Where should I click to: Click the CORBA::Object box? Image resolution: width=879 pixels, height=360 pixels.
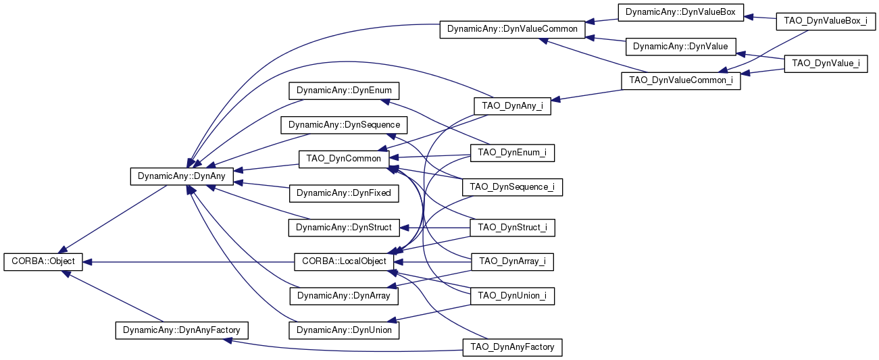pyautogui.click(x=43, y=261)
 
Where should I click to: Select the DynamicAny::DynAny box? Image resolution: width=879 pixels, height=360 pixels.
pyautogui.click(x=182, y=176)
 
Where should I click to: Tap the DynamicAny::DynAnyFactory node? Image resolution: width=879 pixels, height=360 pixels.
pyautogui.click(x=182, y=330)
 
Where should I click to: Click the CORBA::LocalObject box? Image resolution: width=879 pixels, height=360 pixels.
pyautogui.click(x=344, y=261)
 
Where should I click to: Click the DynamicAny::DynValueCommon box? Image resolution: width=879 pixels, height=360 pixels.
pyautogui.click(x=512, y=30)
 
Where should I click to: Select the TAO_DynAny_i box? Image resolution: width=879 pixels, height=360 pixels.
pyautogui.click(x=512, y=106)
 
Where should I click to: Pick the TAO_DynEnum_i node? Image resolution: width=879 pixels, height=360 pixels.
pyautogui.click(x=512, y=153)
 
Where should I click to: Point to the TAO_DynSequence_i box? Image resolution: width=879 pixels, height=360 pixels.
pyautogui.click(x=512, y=187)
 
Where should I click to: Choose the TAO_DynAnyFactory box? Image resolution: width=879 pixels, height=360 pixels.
pyautogui.click(x=512, y=347)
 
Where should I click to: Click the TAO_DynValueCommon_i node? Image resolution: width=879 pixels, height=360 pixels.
pyautogui.click(x=681, y=80)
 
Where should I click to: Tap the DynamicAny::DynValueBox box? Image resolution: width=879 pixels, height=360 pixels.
pyautogui.click(x=681, y=12)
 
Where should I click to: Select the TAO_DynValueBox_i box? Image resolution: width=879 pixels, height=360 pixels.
pyautogui.click(x=826, y=21)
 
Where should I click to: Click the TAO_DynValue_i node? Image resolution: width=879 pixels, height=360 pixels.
pyautogui.click(x=826, y=63)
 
